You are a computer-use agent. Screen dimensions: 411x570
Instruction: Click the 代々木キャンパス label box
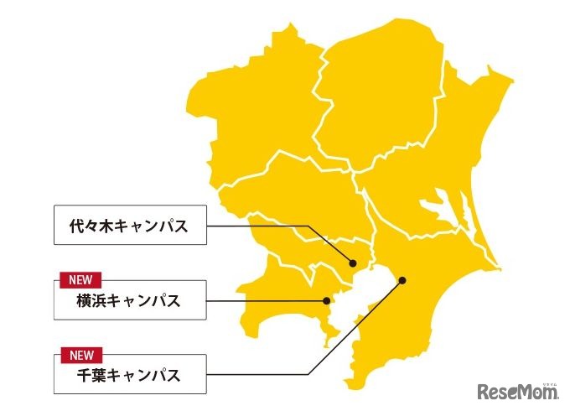click(130, 225)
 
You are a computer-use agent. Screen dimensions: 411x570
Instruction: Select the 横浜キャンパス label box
click(130, 300)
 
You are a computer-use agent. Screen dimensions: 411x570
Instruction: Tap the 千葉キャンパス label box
click(130, 374)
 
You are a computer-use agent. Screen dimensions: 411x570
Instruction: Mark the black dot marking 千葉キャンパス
click(402, 280)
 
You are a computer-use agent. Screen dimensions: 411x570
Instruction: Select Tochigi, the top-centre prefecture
click(381, 92)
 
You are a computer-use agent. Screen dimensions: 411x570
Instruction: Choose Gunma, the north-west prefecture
click(251, 109)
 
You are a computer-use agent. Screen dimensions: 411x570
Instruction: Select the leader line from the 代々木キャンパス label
click(277, 226)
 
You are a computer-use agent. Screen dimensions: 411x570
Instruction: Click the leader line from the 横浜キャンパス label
click(264, 299)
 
